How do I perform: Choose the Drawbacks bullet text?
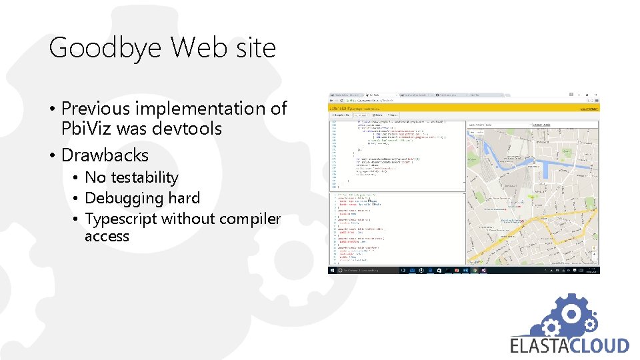coord(105,155)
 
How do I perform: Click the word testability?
coord(144,177)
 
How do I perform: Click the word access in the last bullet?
coord(107,236)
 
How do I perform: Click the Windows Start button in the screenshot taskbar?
coord(331,271)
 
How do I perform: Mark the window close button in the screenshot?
coord(595,94)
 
